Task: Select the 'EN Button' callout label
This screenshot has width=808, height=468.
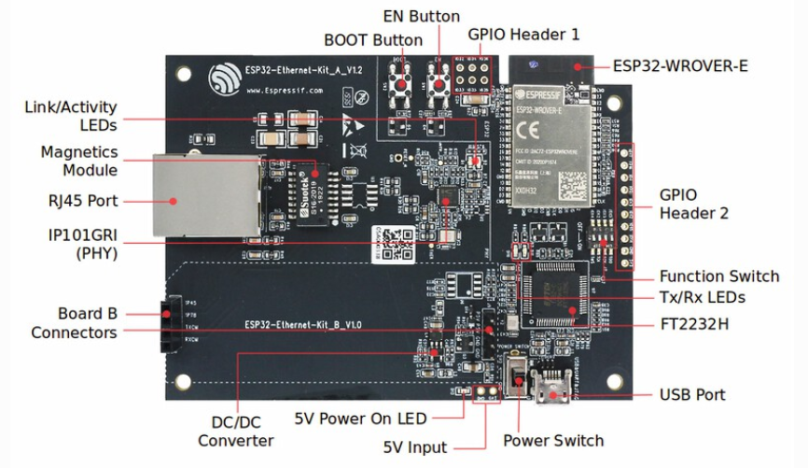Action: point(422,16)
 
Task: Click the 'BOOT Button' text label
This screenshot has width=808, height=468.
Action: point(373,40)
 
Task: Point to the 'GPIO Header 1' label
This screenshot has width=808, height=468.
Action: point(523,35)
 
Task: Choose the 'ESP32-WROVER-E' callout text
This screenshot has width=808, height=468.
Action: point(680,66)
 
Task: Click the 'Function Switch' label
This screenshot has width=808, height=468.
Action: point(718,277)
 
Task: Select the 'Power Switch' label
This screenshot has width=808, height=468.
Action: point(553,440)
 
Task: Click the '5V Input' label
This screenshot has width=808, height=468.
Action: point(415,447)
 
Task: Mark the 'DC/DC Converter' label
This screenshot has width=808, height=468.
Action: point(236,431)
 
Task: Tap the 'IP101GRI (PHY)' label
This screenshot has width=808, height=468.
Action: point(77,241)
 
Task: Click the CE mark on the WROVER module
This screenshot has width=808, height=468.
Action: point(526,128)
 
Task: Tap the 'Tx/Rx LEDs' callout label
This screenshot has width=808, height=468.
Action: point(702,297)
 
